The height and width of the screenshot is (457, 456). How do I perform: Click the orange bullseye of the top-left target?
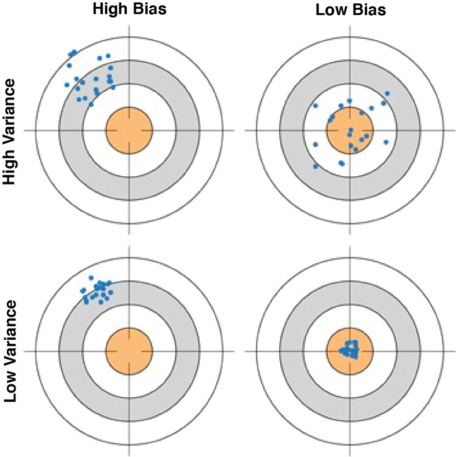[129, 130]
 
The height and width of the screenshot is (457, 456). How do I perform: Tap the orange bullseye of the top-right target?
[350, 130]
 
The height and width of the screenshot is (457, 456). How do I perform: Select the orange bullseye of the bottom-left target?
[129, 351]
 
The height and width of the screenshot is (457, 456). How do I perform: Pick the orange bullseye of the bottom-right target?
[350, 351]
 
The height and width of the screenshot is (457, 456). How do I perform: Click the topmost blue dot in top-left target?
[74, 52]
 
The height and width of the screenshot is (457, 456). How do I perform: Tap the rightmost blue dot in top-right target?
[387, 93]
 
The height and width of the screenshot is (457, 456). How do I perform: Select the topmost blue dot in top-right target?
[387, 93]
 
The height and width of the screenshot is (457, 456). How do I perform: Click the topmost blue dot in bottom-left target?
[91, 278]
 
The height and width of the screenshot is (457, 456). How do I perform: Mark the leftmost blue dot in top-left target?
[67, 85]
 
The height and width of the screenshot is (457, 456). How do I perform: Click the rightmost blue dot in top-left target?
[113, 87]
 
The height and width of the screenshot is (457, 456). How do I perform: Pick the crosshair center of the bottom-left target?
[129, 351]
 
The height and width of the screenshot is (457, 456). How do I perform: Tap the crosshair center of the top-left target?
[129, 130]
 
